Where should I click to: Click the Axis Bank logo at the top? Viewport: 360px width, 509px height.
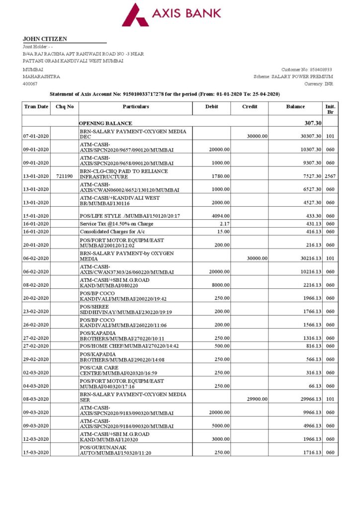coord(171,14)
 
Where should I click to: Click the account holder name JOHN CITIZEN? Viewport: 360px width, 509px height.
coord(45,39)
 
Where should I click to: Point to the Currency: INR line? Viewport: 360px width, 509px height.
coord(319,84)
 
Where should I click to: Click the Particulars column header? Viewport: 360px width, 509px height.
coord(136,106)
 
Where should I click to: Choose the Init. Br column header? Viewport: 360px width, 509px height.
coord(330,109)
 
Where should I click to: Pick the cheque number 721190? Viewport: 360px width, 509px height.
coord(65,176)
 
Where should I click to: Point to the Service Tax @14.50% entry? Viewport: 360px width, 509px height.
coord(117,224)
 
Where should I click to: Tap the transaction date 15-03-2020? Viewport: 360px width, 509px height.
coord(36,452)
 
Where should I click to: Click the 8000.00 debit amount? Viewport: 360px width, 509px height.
coord(219,285)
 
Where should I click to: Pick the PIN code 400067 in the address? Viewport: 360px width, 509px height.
coord(30,84)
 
